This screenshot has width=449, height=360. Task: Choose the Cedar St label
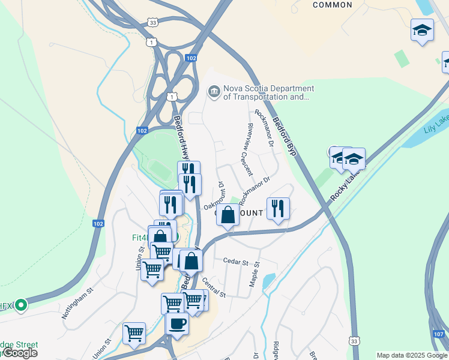[235, 262]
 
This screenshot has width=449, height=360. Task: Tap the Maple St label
[255, 272]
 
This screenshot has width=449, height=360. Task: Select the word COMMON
[333, 5]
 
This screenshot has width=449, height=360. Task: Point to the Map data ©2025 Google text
[412, 355]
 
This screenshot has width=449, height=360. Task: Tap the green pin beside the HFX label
[21, 305]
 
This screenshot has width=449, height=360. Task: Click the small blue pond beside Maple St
[269, 280]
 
